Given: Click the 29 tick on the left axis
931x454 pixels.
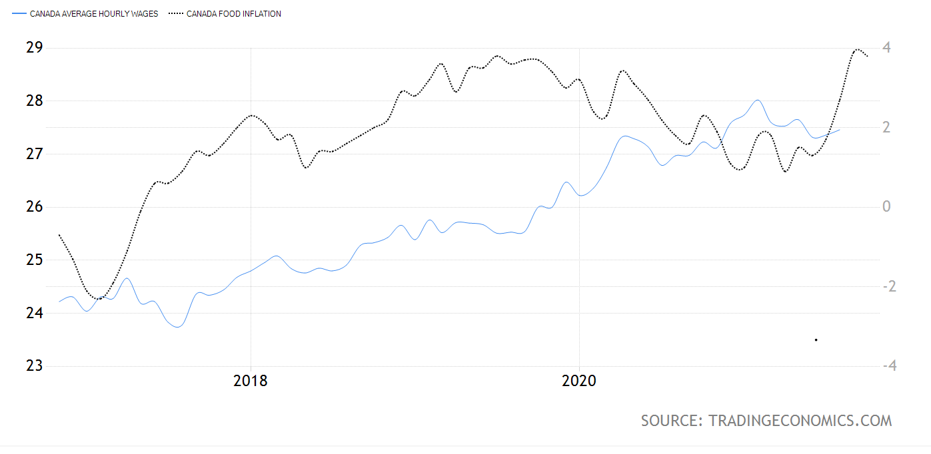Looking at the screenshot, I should pyautogui.click(x=34, y=48).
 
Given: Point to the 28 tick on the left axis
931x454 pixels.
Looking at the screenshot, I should pyautogui.click(x=34, y=101).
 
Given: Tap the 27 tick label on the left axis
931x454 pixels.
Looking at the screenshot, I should pyautogui.click(x=34, y=154).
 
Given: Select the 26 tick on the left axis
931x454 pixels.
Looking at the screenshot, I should pyautogui.click(x=34, y=207).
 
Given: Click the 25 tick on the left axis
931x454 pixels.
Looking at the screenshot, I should pyautogui.click(x=34, y=260).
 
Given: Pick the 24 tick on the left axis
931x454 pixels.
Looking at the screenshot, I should pyautogui.click(x=34, y=313).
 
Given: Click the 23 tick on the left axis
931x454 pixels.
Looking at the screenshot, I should pyautogui.click(x=34, y=365).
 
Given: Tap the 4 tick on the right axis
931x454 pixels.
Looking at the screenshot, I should pyautogui.click(x=887, y=48).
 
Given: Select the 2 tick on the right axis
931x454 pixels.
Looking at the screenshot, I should pyautogui.click(x=887, y=127).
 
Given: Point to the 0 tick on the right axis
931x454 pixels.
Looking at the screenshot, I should pyautogui.click(x=887, y=207).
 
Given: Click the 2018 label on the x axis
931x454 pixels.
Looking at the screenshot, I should pyautogui.click(x=251, y=381).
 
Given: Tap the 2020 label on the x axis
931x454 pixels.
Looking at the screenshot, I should pyautogui.click(x=579, y=381).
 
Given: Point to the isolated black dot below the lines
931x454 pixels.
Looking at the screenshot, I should pyautogui.click(x=816, y=340).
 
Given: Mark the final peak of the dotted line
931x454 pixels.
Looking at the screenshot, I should pyautogui.click(x=856, y=49).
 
